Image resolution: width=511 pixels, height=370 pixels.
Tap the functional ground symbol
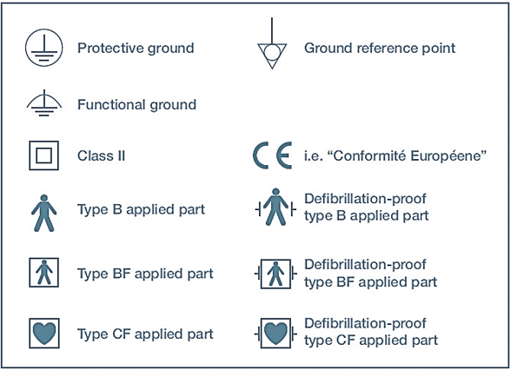coord(44,102)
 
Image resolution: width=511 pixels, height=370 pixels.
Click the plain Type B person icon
coord(44,213)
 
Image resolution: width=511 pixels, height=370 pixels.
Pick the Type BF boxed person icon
coord(44,273)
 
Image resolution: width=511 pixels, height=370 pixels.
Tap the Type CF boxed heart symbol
coord(44,334)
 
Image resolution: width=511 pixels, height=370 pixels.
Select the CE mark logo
coord(273,155)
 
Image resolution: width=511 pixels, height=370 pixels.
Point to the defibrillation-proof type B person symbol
coord(275,207)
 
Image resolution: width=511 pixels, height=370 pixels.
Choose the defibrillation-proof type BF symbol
coord(275,274)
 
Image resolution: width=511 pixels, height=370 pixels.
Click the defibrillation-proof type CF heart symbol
coord(275,334)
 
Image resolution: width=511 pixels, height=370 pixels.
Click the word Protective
coord(111,49)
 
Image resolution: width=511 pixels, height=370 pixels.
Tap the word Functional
coord(111,105)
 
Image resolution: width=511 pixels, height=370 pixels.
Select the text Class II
coord(102,155)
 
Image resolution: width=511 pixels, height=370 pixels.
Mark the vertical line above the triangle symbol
coord(272,30)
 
